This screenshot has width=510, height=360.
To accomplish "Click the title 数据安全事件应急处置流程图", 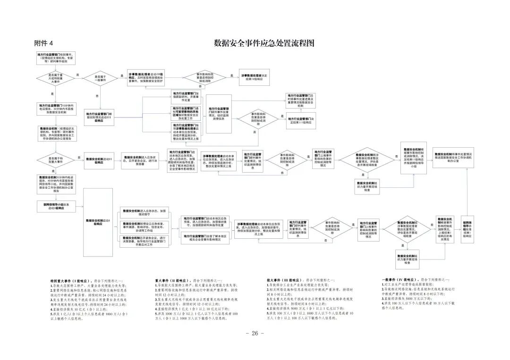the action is point(264,43).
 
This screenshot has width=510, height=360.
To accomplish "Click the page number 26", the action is point(255,333).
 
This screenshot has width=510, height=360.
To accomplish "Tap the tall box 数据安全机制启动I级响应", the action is point(98,223).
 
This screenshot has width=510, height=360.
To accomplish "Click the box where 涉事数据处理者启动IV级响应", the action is point(146,78).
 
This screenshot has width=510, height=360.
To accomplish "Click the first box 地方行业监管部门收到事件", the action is point(56,58).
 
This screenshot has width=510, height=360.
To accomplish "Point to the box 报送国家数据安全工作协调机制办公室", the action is point(453,157).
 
